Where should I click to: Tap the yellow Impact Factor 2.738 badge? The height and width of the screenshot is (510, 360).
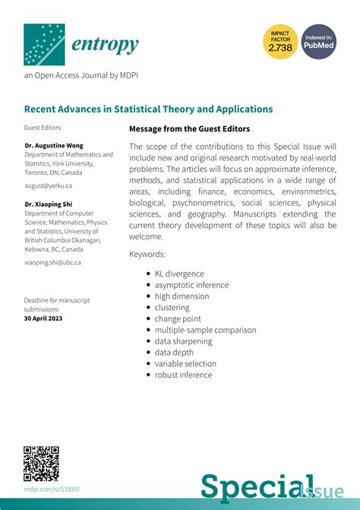point(279,43)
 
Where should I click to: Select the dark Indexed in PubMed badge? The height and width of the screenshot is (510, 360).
point(319,43)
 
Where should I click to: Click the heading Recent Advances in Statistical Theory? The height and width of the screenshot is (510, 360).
point(148,109)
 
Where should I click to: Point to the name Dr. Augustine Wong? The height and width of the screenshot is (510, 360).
point(54,145)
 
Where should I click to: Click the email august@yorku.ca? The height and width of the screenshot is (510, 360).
point(48,185)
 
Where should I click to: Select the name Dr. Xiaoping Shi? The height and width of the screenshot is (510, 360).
point(49,204)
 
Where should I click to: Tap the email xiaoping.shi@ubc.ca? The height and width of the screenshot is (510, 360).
point(52,262)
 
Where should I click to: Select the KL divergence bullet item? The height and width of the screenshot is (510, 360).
point(179,274)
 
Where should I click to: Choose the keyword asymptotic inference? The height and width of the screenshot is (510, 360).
point(191,285)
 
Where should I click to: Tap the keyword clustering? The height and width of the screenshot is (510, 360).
point(172,308)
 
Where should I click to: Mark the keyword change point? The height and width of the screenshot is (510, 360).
point(178,319)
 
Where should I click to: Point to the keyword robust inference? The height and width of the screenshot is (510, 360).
point(184,375)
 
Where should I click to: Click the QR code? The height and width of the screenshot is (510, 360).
point(42,463)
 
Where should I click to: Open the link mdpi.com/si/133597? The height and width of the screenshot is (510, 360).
point(52,489)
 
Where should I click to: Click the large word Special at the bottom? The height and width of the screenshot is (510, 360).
point(250,487)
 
